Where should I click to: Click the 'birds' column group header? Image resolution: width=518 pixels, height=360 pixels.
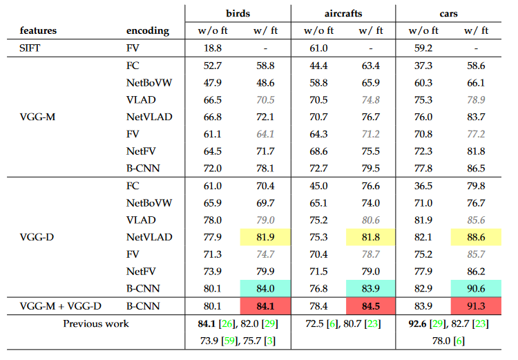click(238, 13)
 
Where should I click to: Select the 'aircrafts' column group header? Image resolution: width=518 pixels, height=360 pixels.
click(343, 13)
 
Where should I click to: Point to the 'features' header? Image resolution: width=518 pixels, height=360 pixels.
click(39, 31)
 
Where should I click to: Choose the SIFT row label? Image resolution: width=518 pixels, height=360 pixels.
click(30, 49)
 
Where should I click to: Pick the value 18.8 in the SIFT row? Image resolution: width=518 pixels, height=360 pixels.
click(211, 49)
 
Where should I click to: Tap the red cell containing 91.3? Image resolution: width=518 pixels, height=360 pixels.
click(476, 305)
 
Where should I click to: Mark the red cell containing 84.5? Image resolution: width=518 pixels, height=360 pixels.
click(370, 305)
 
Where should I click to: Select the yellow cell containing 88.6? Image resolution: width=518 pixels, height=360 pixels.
click(476, 237)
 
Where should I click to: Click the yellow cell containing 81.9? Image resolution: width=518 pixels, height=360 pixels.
click(265, 237)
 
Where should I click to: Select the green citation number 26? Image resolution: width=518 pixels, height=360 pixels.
click(226, 323)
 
